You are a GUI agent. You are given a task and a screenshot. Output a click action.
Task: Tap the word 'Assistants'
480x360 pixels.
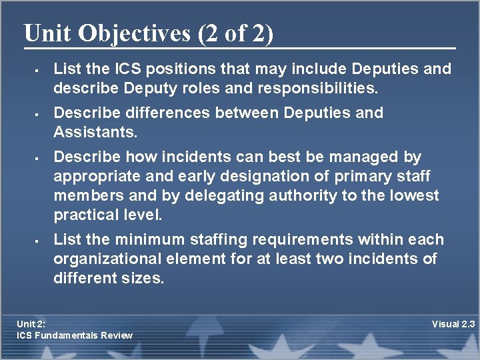click(x=95, y=132)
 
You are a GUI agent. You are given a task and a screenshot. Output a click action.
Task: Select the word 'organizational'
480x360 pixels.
click(x=105, y=259)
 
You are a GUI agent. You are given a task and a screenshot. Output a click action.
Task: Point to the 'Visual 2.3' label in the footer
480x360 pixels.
click(x=453, y=324)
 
